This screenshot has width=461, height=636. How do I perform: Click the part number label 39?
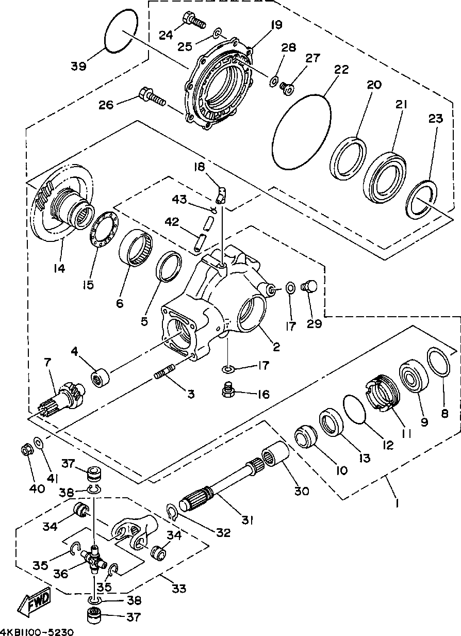click(x=78, y=66)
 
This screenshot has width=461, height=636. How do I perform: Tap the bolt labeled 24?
click(x=194, y=20)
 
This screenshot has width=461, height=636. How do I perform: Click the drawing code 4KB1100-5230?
click(x=37, y=632)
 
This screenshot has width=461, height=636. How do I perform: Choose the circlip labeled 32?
click(x=171, y=512)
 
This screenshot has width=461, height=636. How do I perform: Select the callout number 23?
click(x=436, y=119)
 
